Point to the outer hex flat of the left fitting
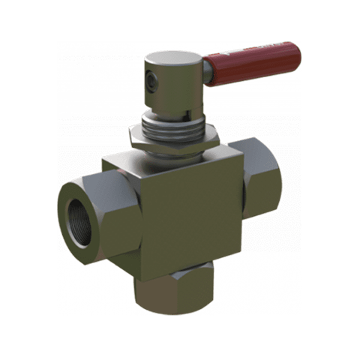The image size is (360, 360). [x=112, y=217]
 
